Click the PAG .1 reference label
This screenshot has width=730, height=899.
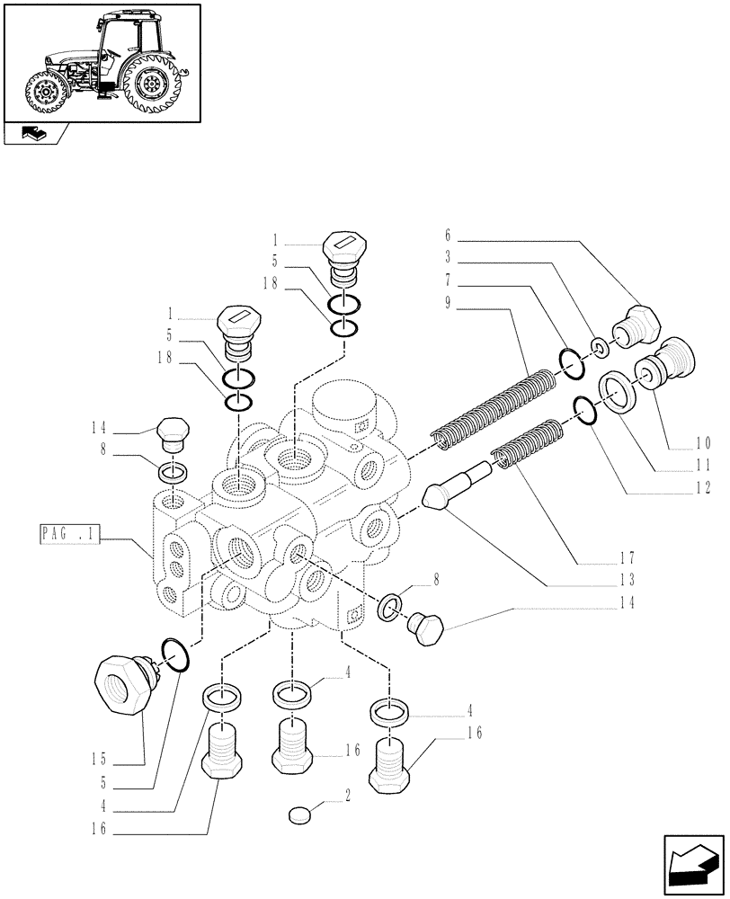67,537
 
